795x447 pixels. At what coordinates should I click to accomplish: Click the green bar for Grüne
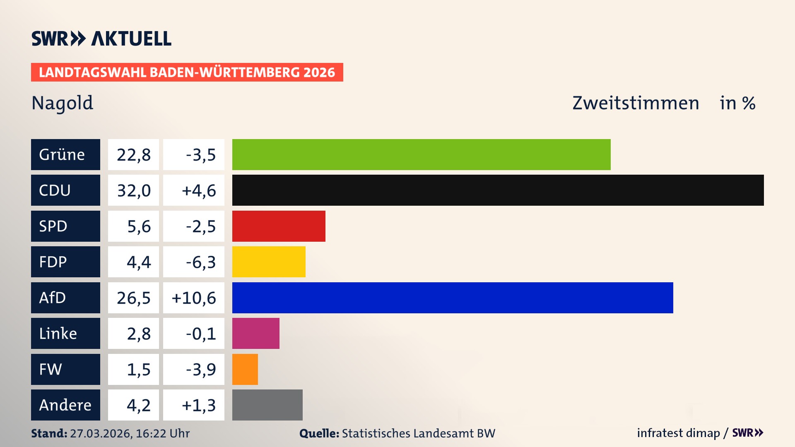click(421, 154)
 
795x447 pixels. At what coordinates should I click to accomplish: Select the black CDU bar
click(498, 190)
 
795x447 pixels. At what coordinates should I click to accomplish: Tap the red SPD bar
click(279, 226)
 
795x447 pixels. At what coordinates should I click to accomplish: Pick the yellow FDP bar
click(269, 262)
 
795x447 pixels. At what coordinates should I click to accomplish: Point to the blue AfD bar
click(453, 298)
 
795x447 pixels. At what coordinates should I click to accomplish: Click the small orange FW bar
click(245, 369)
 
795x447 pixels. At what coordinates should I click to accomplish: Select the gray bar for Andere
click(267, 405)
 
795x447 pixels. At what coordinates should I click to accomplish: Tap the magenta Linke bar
click(256, 333)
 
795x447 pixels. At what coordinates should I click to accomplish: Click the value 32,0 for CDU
click(134, 190)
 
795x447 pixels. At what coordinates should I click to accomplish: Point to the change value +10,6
click(194, 298)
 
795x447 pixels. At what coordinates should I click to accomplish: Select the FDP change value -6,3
click(200, 262)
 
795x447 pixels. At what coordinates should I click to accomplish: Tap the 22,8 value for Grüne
click(134, 155)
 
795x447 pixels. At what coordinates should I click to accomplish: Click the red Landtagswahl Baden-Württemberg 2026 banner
click(187, 72)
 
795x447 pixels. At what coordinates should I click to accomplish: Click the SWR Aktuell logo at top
click(101, 38)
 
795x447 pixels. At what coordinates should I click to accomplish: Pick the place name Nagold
click(63, 103)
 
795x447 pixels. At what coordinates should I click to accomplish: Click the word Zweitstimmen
click(636, 103)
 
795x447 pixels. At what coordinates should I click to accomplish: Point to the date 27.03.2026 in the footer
click(101, 433)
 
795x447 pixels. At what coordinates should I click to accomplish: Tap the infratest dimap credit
click(678, 433)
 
